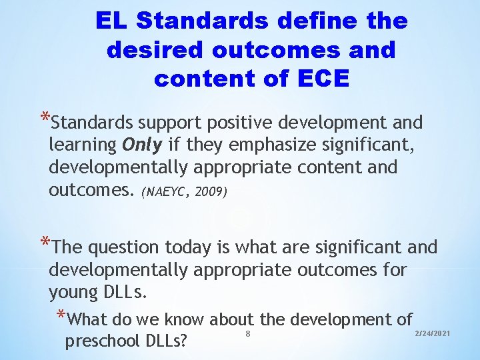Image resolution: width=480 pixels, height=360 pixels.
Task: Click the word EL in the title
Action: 112,21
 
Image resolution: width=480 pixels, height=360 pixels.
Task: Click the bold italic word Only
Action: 142,145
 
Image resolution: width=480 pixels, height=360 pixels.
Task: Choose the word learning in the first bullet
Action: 83,145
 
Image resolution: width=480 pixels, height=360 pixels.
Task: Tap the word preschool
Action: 98,341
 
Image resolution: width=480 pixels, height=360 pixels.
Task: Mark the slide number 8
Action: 248,333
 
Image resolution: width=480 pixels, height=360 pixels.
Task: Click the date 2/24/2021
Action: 433,333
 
